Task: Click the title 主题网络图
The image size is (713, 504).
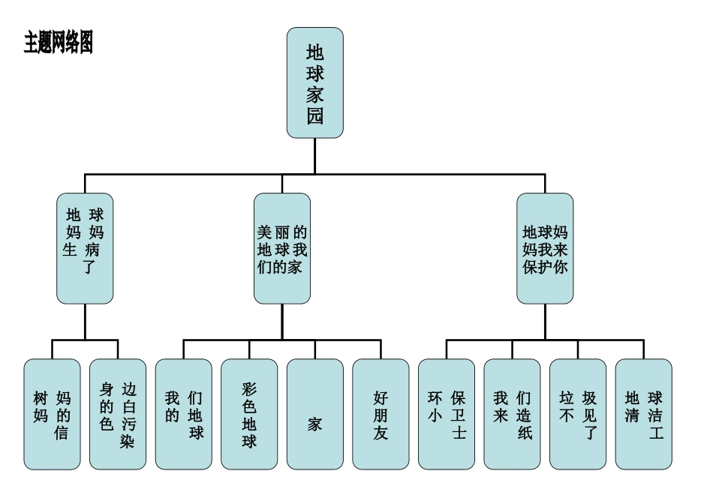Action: coord(59,43)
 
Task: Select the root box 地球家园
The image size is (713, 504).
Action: coord(314,82)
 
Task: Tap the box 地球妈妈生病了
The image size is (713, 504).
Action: coord(85,248)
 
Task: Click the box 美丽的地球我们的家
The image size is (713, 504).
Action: coord(281,248)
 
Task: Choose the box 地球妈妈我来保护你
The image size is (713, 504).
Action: coord(545,248)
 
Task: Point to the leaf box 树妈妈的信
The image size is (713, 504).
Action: coord(52,414)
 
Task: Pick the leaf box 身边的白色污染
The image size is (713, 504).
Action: coord(118,414)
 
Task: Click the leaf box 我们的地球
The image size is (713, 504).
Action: coord(184,414)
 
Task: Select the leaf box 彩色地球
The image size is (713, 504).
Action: coord(249,414)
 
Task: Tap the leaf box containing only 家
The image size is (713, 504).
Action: coord(314,414)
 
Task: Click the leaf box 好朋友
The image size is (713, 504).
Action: coord(381,414)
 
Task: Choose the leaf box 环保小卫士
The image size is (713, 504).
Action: coord(447,414)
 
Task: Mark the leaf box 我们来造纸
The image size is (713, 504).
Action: coord(513,414)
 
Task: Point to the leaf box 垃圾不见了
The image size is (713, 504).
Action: coord(578,414)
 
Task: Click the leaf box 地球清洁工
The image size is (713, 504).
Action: coord(644,414)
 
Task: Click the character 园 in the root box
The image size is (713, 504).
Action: coord(314,117)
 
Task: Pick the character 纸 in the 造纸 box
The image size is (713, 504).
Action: coord(525,433)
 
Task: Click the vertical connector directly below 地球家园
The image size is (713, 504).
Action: coord(314,155)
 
